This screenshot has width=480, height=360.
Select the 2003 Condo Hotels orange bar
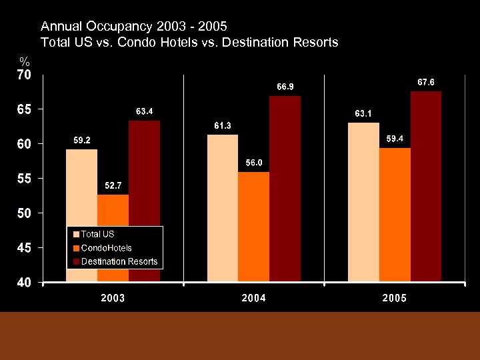113,211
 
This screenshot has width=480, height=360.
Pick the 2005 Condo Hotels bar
395,214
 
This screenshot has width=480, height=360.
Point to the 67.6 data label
426,82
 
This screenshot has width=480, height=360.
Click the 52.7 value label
112,185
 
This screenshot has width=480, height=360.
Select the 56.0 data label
254,163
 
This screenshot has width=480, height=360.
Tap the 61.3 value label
223,125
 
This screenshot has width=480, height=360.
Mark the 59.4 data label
395,139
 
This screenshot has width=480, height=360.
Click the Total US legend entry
97,234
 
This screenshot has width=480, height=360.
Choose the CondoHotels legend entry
106,248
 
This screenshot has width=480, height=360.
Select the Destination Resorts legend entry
119,261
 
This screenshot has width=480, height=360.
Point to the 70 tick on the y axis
23,75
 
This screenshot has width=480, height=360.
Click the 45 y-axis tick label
23,248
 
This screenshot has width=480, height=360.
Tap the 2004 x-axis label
253,298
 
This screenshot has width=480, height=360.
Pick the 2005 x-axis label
395,298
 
